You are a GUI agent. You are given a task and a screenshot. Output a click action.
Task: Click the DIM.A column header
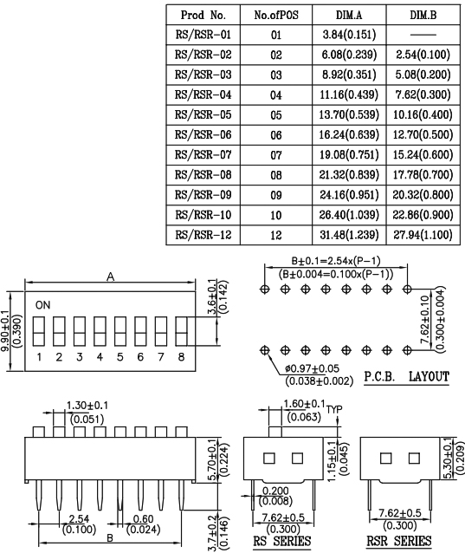349,15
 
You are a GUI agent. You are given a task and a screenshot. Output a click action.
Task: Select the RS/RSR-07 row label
203,154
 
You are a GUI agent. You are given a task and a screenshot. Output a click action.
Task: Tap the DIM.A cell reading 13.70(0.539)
349,114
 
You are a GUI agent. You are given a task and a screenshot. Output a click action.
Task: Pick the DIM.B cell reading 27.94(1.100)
423,235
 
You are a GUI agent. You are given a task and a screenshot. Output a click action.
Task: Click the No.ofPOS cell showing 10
276,215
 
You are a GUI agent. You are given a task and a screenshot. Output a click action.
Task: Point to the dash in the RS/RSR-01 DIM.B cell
423,35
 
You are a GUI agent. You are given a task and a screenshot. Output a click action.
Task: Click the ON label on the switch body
42,305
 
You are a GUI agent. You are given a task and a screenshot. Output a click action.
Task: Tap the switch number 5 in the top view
120,357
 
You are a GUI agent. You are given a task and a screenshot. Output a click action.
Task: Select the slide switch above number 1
39,331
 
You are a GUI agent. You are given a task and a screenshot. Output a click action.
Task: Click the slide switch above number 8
181,331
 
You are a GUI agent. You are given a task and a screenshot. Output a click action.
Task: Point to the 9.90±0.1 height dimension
5,331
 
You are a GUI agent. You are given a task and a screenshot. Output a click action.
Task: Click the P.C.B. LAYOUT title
406,377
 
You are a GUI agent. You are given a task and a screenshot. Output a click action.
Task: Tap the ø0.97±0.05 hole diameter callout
312,369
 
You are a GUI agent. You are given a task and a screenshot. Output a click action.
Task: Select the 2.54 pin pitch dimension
79,518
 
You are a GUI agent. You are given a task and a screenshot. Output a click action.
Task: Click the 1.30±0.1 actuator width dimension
87,406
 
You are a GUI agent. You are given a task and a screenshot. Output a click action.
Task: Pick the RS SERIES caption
282,541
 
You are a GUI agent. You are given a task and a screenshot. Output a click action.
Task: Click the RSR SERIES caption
399,541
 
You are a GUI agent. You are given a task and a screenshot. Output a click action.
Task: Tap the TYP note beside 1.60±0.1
334,409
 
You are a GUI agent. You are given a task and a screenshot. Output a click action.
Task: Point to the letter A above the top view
111,277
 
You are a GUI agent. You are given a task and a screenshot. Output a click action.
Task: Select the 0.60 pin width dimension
143,519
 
